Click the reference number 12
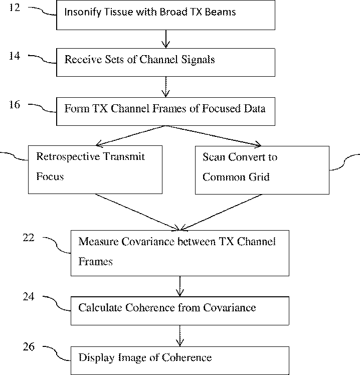click(15, 8)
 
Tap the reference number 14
click(15, 56)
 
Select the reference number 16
click(15, 104)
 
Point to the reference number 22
click(29, 238)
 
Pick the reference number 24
click(29, 297)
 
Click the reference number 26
click(29, 346)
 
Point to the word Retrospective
click(68, 157)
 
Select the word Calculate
click(100, 307)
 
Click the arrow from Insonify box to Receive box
click(166, 39)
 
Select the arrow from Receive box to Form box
click(166, 87)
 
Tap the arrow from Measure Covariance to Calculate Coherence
click(180, 286)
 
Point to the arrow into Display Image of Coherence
click(180, 336)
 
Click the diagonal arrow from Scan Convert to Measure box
click(221, 213)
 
